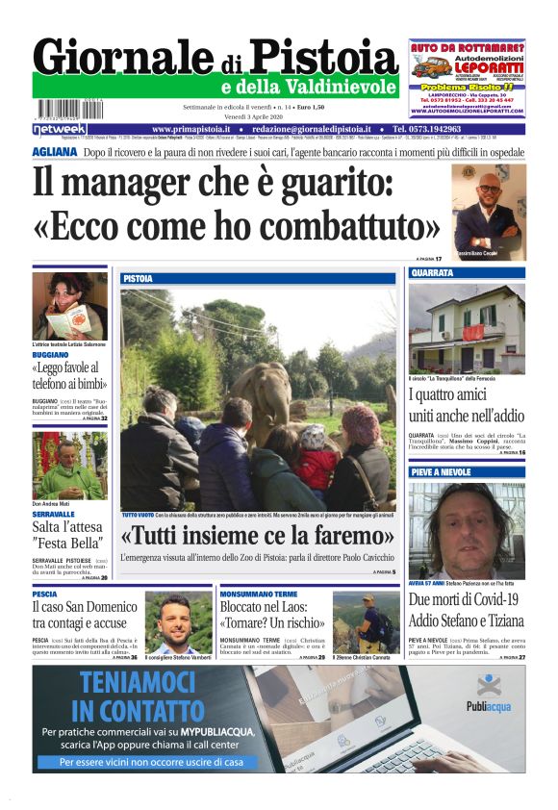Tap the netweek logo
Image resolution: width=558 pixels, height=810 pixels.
click(x=60, y=129)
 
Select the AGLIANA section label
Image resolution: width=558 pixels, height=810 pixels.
click(x=54, y=152)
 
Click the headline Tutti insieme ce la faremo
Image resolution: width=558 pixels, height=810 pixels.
click(x=258, y=535)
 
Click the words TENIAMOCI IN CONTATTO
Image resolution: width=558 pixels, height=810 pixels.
click(x=140, y=699)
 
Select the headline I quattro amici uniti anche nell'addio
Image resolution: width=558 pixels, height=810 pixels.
click(x=467, y=405)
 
